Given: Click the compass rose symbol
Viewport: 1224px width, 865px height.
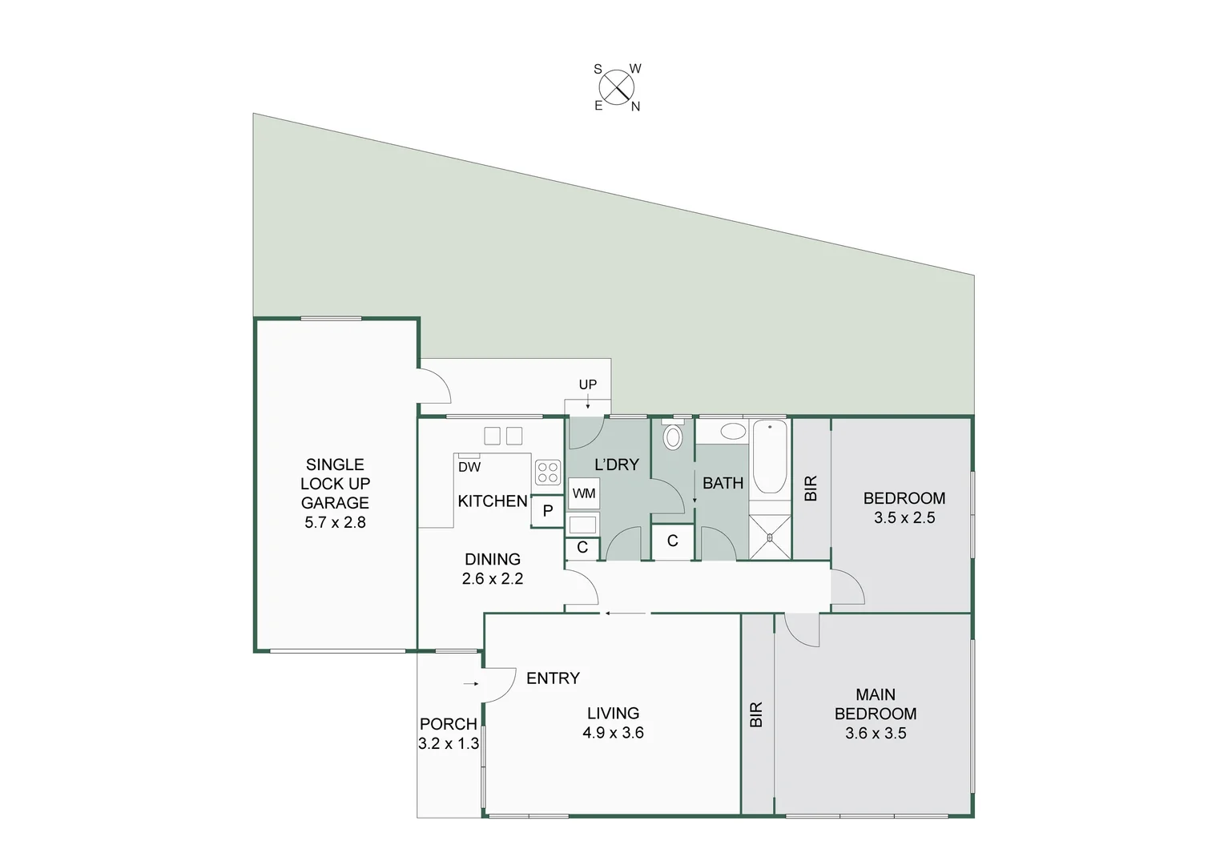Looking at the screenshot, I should (616, 87).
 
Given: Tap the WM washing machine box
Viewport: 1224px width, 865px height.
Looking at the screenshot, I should (584, 493).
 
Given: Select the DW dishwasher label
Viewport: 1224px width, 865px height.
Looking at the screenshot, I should (469, 467).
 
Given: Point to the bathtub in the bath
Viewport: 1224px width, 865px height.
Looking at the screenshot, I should (770, 457).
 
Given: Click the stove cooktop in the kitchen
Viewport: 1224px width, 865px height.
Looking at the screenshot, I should (548, 472).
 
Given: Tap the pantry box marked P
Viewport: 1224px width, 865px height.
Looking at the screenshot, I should (548, 511).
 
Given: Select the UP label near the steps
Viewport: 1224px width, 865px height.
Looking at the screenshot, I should (588, 384).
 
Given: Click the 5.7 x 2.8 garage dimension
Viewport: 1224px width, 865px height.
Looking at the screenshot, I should (335, 522).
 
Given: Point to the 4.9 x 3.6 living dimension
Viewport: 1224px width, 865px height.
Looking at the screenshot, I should (613, 732).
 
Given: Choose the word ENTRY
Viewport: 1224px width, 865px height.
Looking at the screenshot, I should (553, 678).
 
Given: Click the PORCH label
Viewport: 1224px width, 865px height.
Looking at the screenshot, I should (448, 724).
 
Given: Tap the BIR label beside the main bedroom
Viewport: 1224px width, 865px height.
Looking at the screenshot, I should (757, 714).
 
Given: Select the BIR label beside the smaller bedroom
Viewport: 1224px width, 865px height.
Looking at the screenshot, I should (811, 489).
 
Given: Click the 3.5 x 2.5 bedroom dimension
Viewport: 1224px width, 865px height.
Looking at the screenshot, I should (904, 517).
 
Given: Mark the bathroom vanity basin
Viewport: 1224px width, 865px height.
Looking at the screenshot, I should (732, 432).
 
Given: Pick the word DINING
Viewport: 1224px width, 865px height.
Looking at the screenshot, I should (493, 559).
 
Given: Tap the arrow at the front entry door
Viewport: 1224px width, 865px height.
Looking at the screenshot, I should (471, 684).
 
